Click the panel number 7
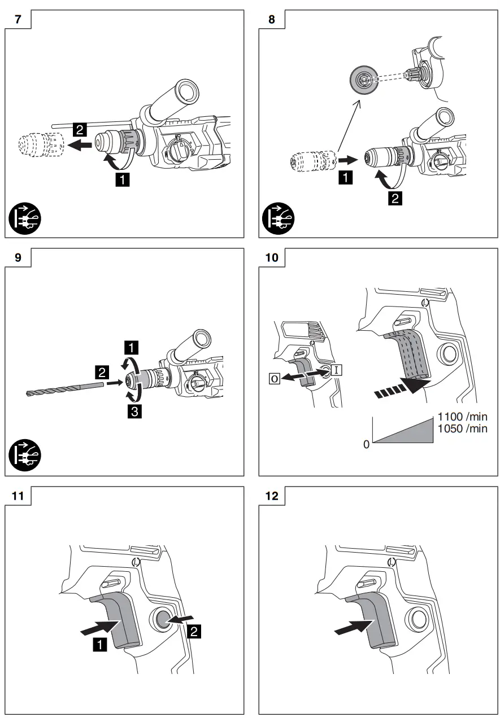[x=18, y=19]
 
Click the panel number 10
[x=271, y=257]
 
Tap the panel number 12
[x=271, y=497]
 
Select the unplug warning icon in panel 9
[x=25, y=458]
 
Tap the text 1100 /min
[x=462, y=417]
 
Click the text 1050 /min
[x=462, y=428]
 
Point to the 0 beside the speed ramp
[x=366, y=444]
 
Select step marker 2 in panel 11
[x=193, y=632]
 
